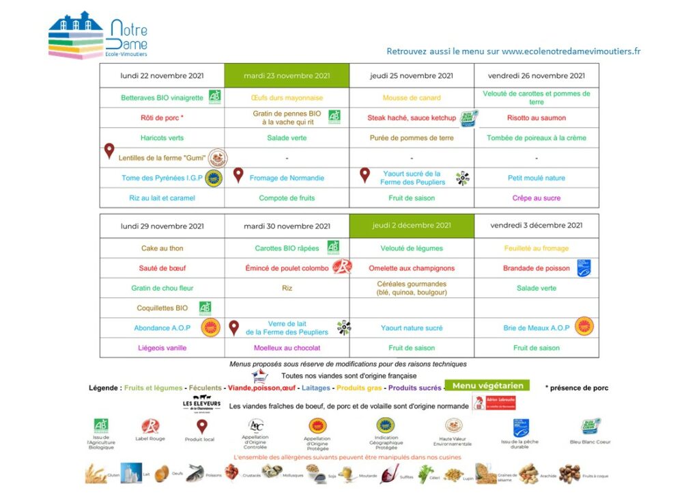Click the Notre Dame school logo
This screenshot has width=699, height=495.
[98, 35]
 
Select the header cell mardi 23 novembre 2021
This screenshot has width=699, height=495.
[287, 76]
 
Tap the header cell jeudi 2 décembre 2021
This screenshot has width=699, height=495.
[412, 226]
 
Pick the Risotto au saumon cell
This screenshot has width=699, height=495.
[536, 118]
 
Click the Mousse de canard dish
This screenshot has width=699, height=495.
[412, 98]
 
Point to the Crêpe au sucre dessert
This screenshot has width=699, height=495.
[536, 198]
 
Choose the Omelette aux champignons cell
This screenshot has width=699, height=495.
[412, 268]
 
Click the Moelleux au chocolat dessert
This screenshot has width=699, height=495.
[287, 348]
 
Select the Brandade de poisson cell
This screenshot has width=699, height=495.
[536, 268]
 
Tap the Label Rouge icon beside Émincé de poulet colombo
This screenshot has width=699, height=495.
[341, 267]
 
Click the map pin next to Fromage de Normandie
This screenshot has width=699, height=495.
[238, 176]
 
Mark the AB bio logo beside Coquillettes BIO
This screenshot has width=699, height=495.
[205, 308]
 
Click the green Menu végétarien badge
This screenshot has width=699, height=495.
[486, 386]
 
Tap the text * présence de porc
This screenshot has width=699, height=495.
[577, 388]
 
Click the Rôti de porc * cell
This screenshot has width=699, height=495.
[162, 118]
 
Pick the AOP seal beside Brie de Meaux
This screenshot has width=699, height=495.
[584, 327]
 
